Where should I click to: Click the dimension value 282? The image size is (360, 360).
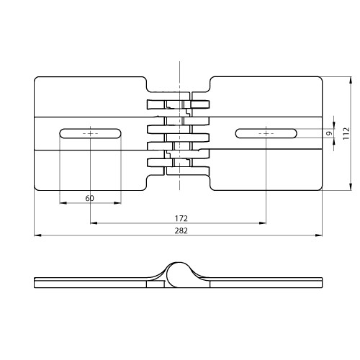click(181, 230)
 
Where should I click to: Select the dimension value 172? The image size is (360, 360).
click(181, 218)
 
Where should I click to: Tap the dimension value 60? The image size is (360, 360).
click(89, 198)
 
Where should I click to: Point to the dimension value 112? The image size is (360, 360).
click(346, 133)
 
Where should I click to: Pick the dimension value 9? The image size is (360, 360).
click(330, 133)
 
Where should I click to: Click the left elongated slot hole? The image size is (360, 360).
click(90, 133)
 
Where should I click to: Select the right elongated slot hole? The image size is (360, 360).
click(266, 133)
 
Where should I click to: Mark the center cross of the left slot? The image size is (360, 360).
click(90, 133)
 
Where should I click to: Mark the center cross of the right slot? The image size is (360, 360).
click(266, 133)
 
